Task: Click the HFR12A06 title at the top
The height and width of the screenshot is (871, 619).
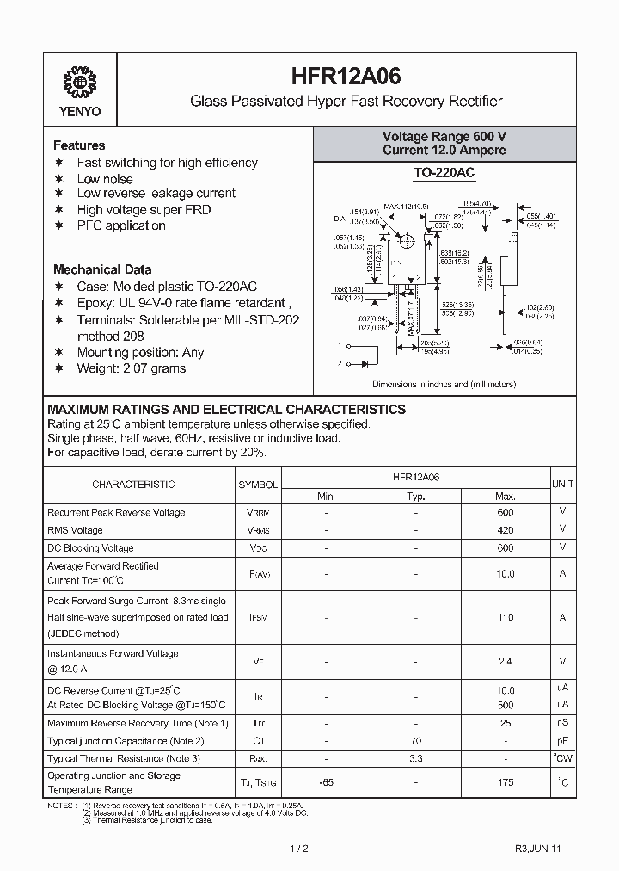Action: (x=346, y=77)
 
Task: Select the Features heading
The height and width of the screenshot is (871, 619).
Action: (x=79, y=145)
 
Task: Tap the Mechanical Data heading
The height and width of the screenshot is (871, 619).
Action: (x=102, y=269)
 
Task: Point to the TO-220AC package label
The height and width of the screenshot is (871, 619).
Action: (x=444, y=173)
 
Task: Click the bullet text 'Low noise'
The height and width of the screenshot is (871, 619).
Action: (x=105, y=178)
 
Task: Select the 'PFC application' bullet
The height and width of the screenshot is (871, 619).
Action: (x=121, y=225)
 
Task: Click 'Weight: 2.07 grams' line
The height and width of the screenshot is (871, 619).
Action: (x=132, y=368)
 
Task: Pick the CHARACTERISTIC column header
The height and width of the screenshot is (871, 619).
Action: (x=133, y=485)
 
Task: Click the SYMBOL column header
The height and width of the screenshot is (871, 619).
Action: (x=258, y=485)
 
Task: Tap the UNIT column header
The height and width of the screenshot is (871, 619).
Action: (x=563, y=485)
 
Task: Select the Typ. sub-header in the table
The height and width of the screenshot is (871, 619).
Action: (x=416, y=496)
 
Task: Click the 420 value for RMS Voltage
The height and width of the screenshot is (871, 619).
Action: (x=505, y=530)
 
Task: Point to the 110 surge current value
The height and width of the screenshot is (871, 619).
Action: (x=505, y=617)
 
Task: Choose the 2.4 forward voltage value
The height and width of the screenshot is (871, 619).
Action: (x=505, y=661)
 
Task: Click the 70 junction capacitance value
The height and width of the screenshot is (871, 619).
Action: (x=416, y=740)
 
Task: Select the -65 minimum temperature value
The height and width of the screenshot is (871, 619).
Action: (x=326, y=782)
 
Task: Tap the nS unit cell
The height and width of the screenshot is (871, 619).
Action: (x=563, y=722)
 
